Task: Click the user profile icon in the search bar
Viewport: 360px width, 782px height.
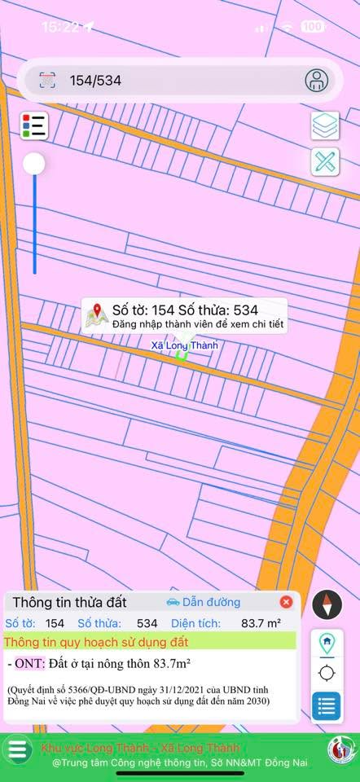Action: [316, 80]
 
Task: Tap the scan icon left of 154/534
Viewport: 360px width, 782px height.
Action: [47, 80]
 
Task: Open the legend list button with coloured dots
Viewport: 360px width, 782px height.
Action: [34, 125]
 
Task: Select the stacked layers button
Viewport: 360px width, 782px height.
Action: [325, 125]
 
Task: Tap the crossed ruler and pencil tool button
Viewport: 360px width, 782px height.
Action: [325, 160]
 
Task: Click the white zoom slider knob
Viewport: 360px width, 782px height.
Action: [34, 165]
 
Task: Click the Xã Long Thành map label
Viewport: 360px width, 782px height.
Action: [184, 345]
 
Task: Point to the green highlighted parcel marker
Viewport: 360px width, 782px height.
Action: [182, 356]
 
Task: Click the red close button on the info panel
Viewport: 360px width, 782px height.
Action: [286, 602]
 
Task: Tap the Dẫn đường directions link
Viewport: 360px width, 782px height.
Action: [204, 602]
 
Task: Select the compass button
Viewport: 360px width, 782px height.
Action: [327, 604]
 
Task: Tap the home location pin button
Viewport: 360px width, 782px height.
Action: [327, 643]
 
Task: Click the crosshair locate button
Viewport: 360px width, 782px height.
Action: [327, 673]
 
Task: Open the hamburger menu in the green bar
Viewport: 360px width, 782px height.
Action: [17, 749]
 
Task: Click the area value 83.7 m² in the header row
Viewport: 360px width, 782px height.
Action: [261, 623]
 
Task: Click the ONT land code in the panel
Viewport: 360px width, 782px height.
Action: [29, 663]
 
